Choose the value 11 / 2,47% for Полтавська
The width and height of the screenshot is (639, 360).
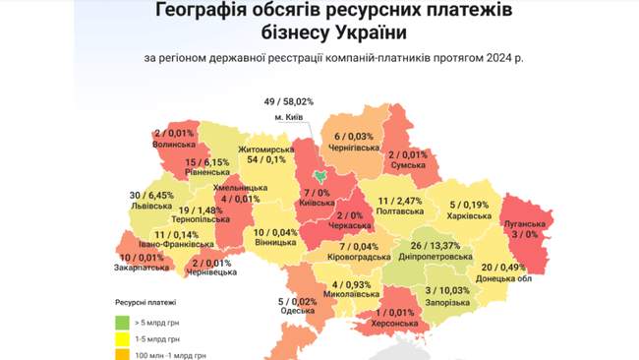pyautogui.click(x=400, y=201)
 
